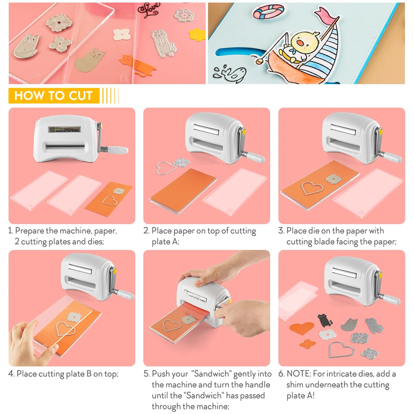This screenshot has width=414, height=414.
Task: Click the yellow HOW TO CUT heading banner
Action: coord(53,96)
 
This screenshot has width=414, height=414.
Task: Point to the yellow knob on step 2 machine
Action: coord(243,132)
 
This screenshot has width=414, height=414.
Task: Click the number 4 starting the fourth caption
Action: coord(11,374)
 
